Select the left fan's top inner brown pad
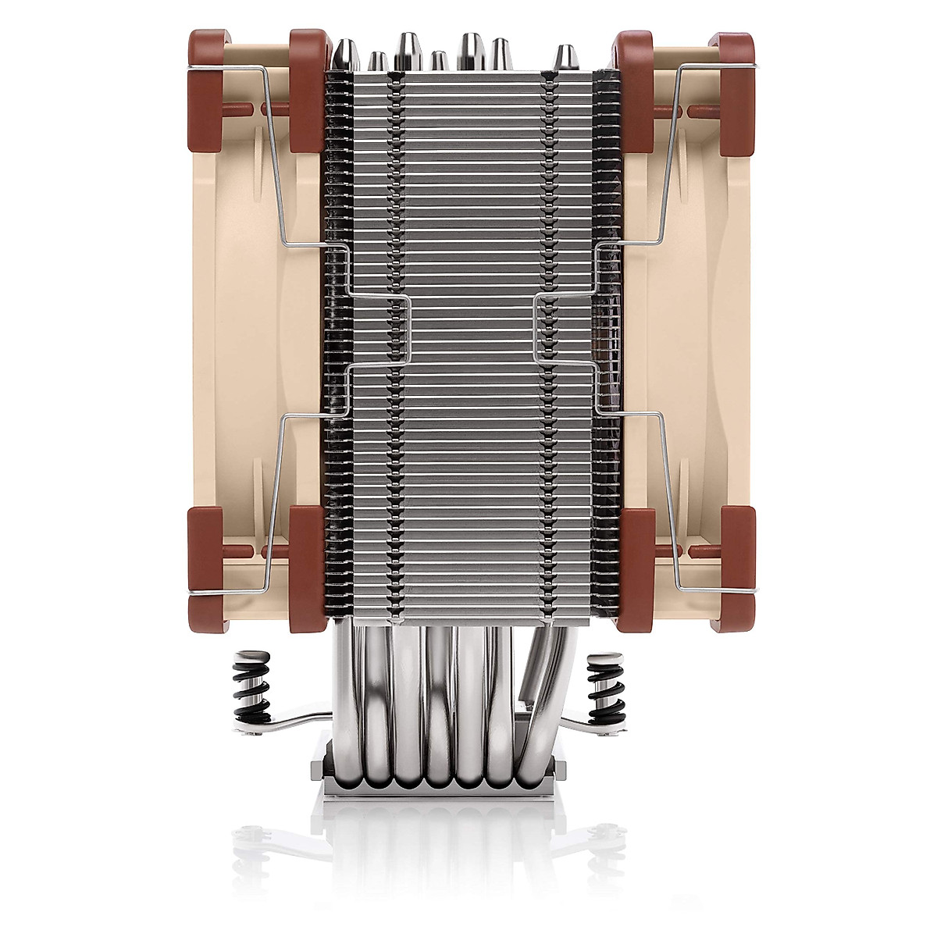(307, 90)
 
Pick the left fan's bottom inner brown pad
(307, 566)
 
